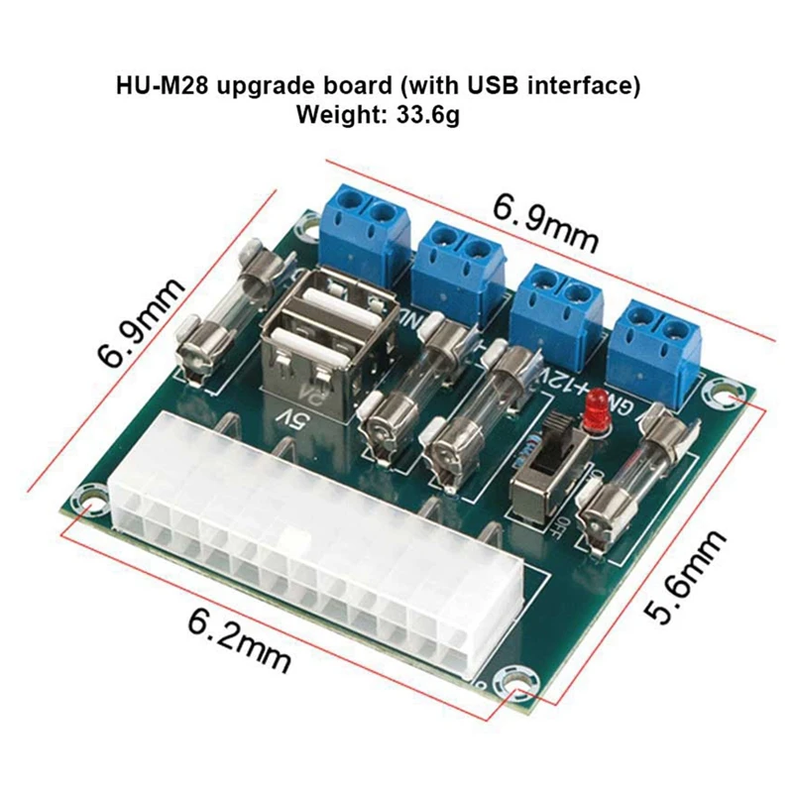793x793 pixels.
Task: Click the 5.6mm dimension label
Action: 684,578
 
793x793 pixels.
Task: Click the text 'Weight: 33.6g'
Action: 379,115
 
